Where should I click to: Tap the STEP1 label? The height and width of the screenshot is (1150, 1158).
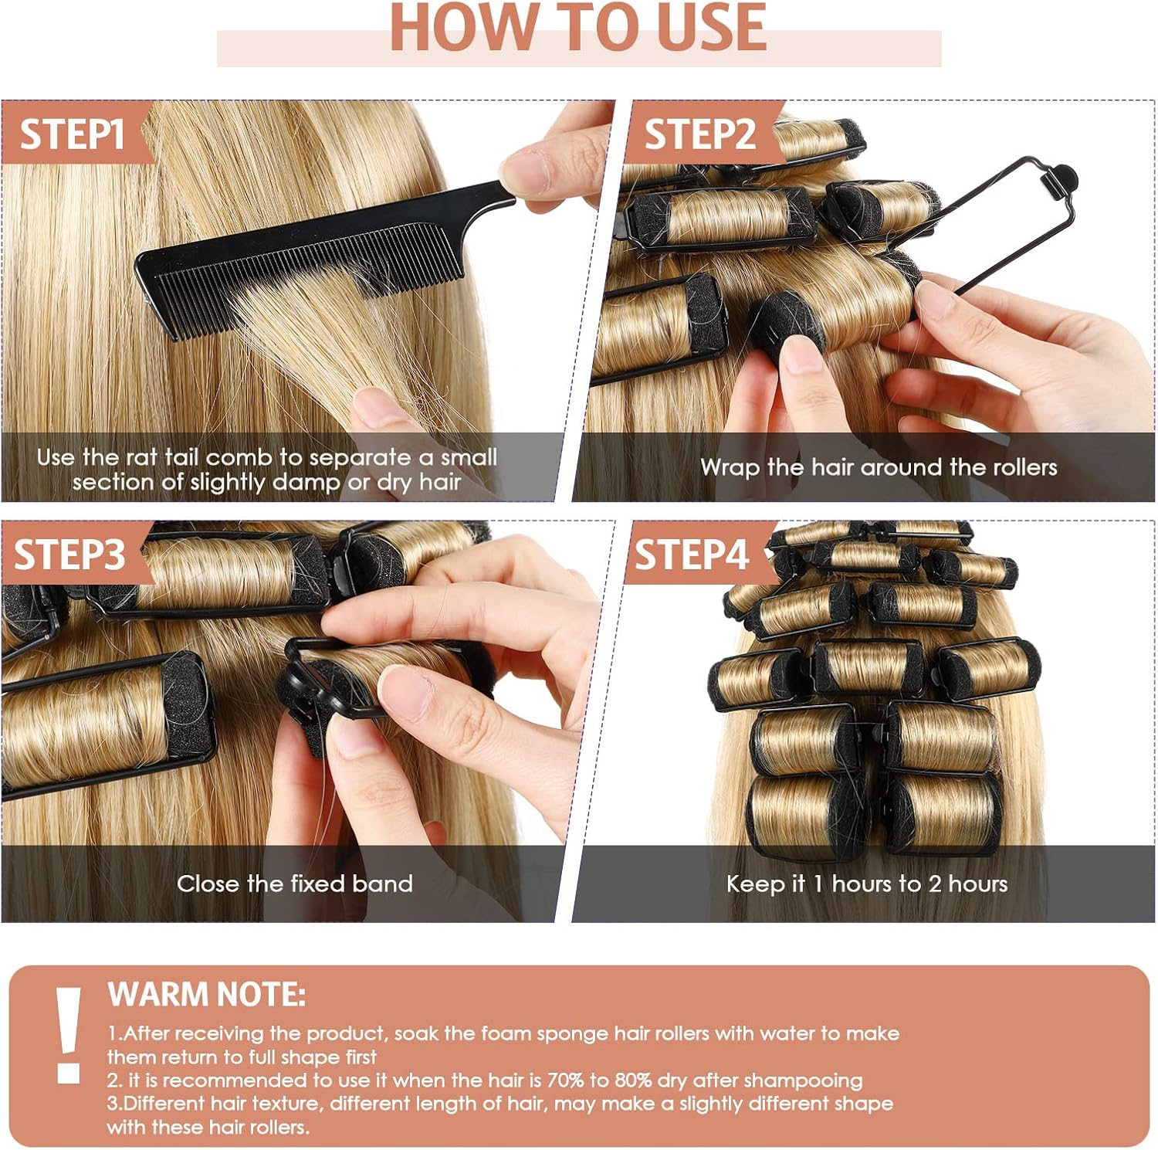[x=72, y=134]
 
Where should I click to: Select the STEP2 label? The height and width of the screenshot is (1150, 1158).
[x=699, y=134]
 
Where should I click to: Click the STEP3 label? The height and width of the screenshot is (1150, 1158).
[x=69, y=555]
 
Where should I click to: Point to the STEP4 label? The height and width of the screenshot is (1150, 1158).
[x=691, y=555]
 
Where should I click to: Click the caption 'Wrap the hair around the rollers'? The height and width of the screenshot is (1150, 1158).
[x=878, y=467]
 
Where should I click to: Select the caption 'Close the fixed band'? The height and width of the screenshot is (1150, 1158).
[x=294, y=884]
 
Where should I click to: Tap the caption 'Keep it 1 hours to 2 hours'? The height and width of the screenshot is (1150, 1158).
[x=866, y=884]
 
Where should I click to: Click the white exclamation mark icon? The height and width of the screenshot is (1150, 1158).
[x=68, y=1034]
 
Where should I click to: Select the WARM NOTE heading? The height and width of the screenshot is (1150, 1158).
[x=206, y=995]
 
